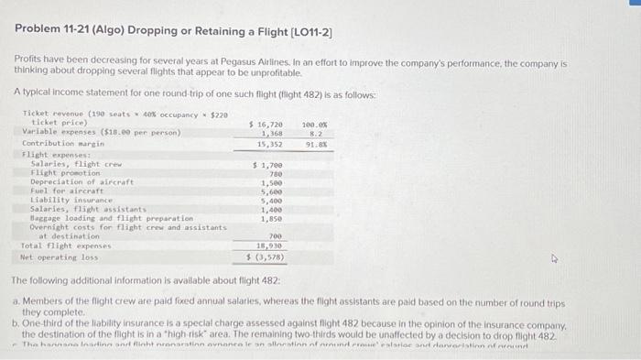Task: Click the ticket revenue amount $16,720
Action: pos(266,123)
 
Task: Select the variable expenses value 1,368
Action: pos(272,133)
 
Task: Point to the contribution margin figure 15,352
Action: pos(269,143)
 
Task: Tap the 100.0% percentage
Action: pos(314,123)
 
